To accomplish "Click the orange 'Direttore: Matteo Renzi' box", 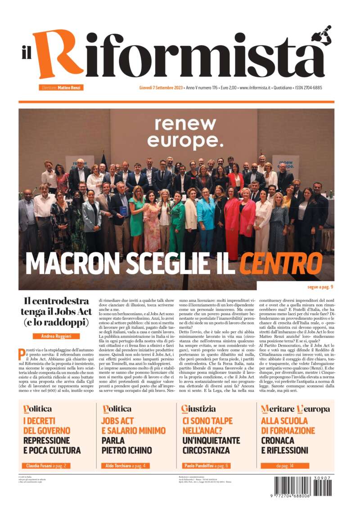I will (x=61, y=88).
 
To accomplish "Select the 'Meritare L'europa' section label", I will (x=295, y=409).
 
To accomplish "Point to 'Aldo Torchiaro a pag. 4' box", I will (x=126, y=466).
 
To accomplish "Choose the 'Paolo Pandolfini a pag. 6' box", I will (x=206, y=466).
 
